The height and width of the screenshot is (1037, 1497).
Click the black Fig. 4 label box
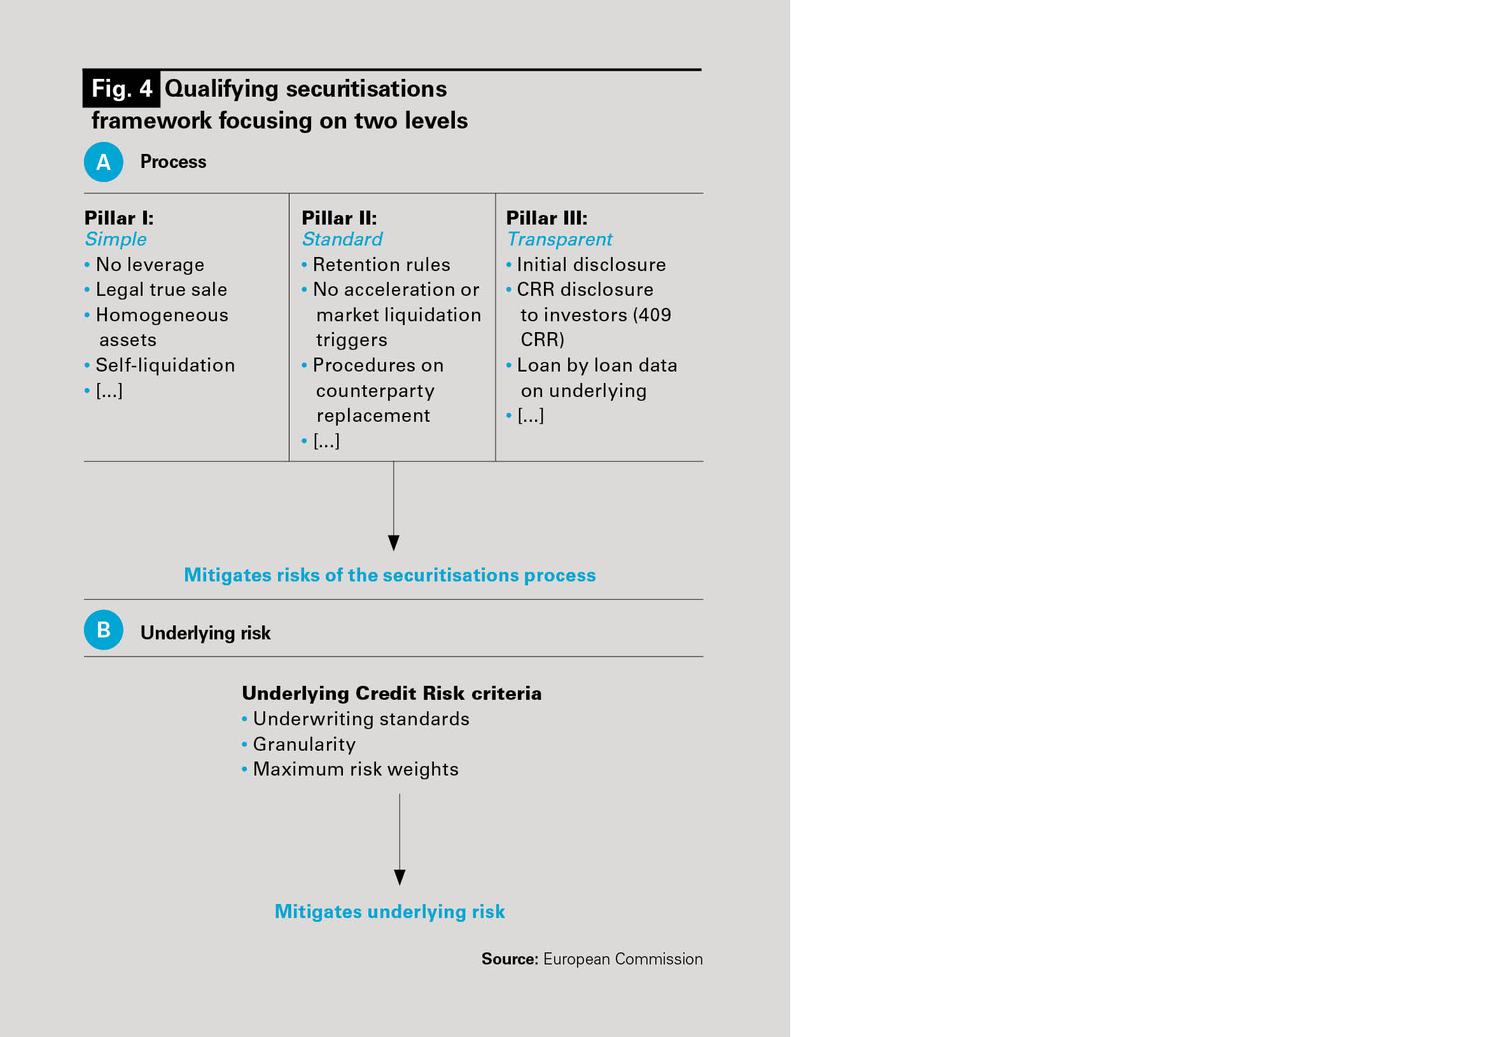122,88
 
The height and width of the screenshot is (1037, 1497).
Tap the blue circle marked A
103,162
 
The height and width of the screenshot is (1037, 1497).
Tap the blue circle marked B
103,630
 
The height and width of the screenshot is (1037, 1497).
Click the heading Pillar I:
119,218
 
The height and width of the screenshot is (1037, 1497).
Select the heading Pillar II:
339,218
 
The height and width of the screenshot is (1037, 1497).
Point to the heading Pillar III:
547,218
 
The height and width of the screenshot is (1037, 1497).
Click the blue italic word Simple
116,239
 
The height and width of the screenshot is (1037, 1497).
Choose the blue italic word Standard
342,239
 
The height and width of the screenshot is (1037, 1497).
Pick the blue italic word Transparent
559,239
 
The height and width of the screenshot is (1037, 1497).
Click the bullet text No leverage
150,265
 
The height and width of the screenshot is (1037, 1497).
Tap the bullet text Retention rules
381,265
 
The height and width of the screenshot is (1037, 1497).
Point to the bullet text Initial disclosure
591,265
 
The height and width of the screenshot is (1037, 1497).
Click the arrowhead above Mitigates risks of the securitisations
393,543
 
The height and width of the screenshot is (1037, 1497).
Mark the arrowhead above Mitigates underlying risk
400,877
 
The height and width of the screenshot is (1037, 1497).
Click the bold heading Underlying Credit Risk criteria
392,693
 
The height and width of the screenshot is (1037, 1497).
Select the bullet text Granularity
304,744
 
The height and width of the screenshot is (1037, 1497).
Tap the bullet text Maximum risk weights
356,769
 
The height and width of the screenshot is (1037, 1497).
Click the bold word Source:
510,959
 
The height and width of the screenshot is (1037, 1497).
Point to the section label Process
174,162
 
